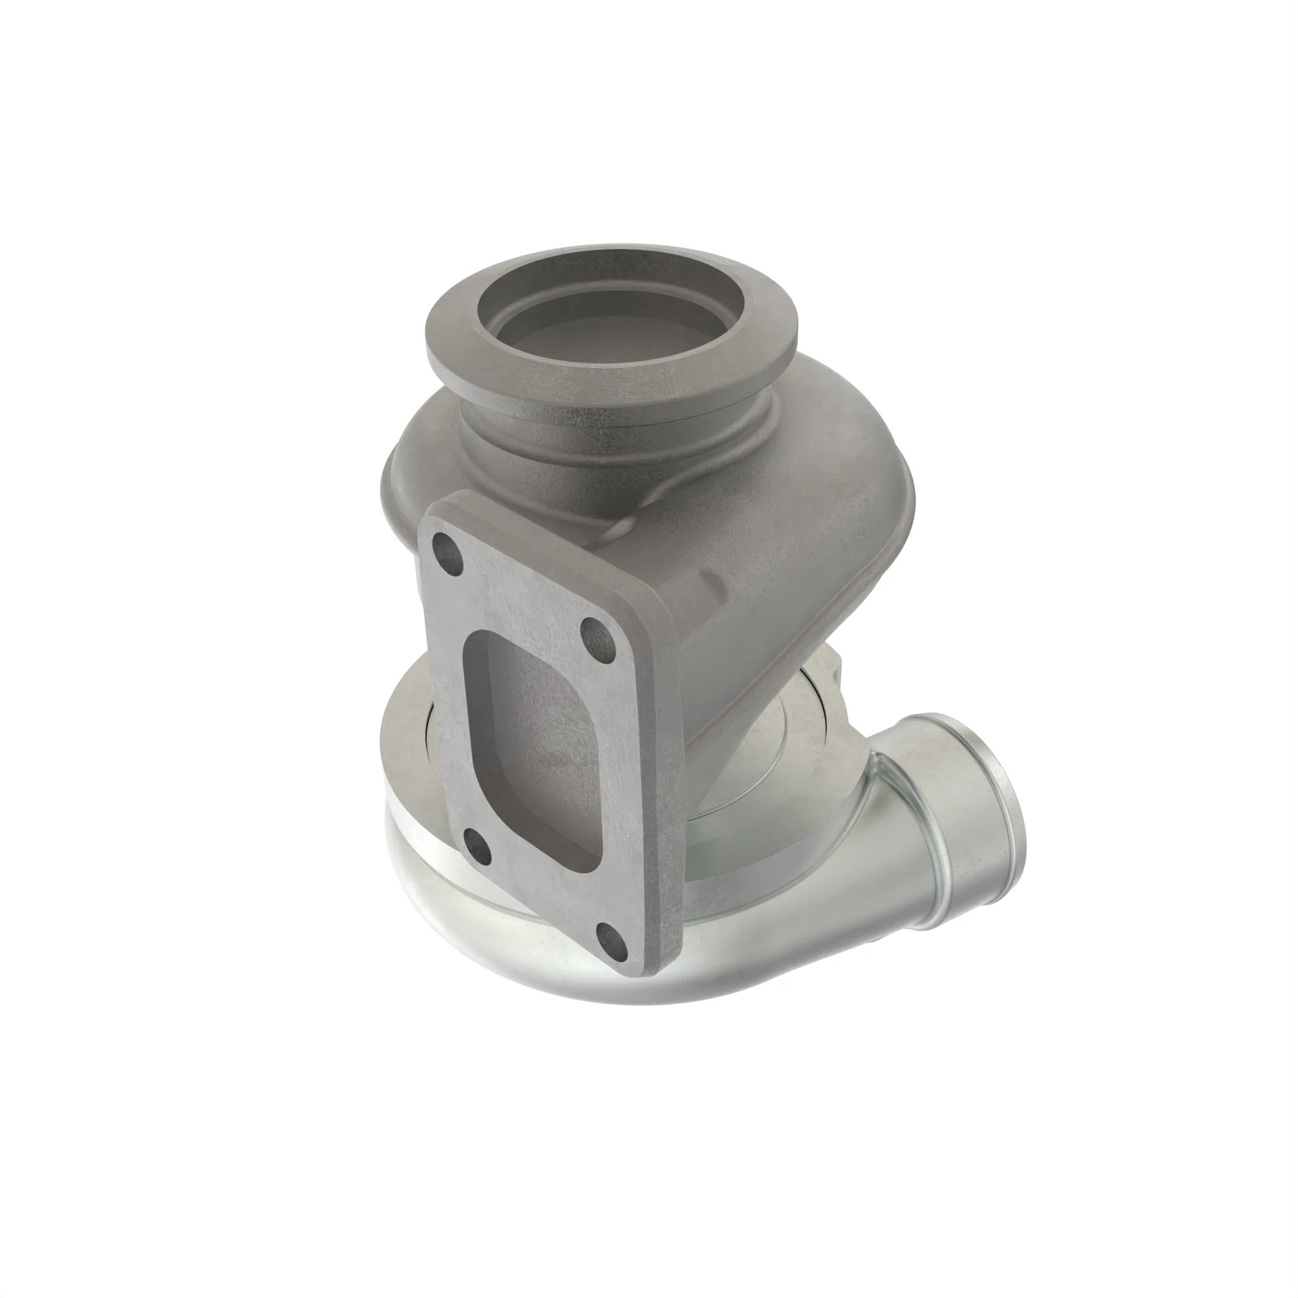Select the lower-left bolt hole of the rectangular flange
coord(477,842)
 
